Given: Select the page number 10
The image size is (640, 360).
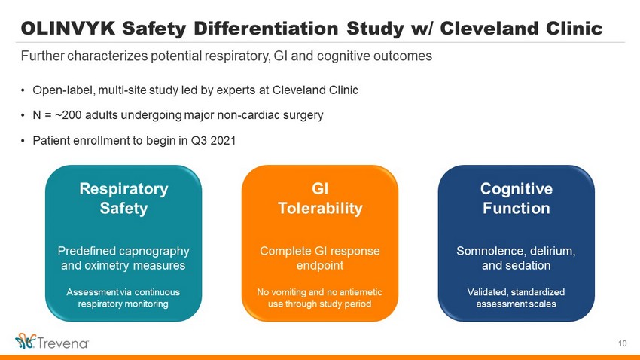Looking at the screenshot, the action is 622,343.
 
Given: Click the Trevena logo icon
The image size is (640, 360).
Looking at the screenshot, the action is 26,341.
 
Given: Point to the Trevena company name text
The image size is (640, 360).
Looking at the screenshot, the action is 63,343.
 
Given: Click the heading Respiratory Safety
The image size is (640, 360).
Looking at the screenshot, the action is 123,198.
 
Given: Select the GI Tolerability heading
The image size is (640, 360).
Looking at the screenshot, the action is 320,198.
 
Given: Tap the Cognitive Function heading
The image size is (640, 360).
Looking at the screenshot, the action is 517,198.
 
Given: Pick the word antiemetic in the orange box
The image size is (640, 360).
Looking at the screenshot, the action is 362,292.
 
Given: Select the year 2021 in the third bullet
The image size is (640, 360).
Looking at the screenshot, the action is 223,141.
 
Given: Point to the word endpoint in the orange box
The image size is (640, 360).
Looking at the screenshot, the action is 320,266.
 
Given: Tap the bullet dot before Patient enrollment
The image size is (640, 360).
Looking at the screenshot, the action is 23,142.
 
